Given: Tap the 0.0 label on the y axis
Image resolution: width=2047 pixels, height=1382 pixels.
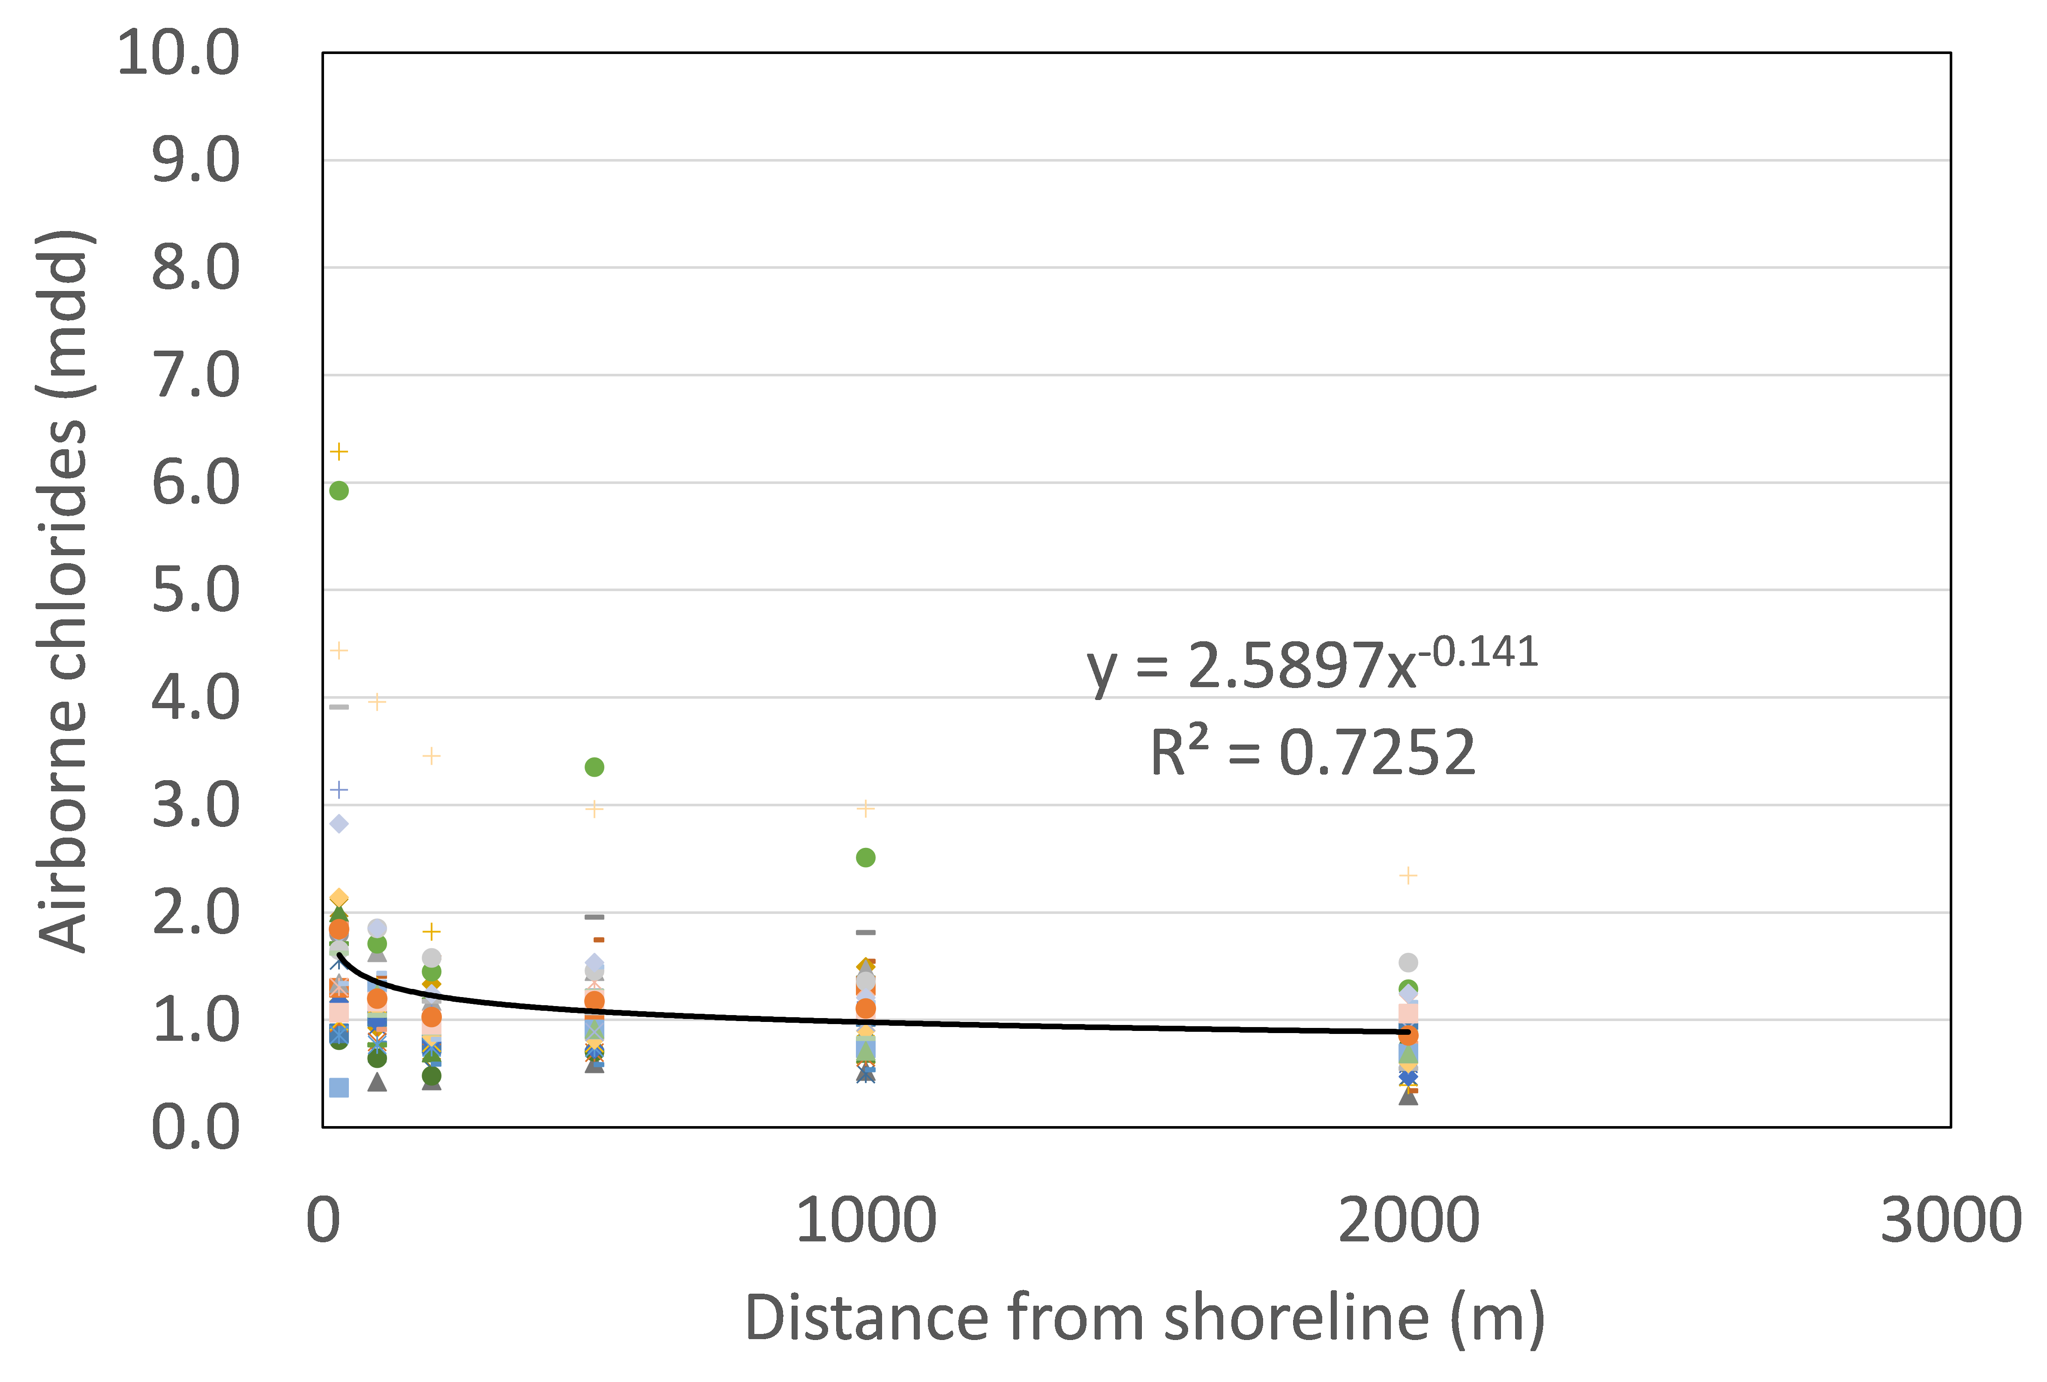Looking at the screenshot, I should pos(195,1127).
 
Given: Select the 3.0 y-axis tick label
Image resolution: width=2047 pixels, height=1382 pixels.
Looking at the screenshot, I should pos(195,805).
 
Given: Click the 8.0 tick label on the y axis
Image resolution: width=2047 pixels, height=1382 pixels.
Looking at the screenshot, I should pos(195,268).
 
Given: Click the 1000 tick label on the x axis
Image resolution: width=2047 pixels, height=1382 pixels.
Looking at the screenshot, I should pos(866,1221).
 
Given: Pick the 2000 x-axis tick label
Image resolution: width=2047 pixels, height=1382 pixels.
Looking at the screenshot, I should pos(1408,1221).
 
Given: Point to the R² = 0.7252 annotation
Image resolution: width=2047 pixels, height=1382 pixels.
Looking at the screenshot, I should pos(1312,753).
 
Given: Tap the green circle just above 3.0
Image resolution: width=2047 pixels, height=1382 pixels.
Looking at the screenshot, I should pos(594,767).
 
